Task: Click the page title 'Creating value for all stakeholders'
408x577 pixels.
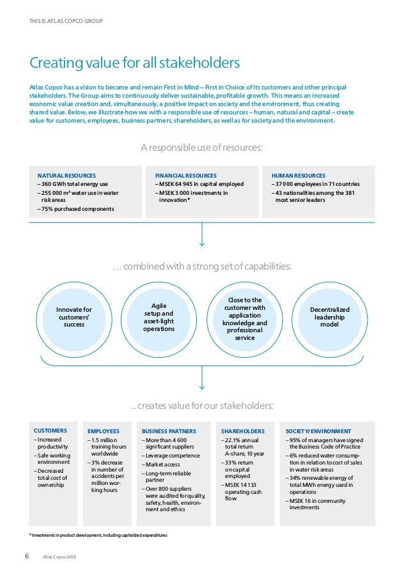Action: coord(135,63)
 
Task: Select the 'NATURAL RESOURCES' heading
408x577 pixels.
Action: coord(67,175)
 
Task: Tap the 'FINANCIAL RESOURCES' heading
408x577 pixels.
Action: coord(185,175)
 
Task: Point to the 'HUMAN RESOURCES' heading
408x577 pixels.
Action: coord(298,175)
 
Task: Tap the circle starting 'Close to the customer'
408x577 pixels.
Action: coord(245,318)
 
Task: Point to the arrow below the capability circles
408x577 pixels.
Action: coord(203,380)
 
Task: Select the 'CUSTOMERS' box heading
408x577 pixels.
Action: coord(51,430)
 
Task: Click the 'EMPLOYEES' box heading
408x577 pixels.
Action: coord(104,431)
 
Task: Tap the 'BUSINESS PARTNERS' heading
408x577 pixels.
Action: coord(169,431)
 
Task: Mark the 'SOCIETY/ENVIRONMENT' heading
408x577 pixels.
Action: coord(318,431)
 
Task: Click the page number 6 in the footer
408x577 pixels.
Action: coord(27,555)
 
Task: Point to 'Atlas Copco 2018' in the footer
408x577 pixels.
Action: coord(58,557)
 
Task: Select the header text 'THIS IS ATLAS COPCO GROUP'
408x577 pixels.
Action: coord(66,21)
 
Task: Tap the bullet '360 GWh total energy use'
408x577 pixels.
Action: coord(72,184)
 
